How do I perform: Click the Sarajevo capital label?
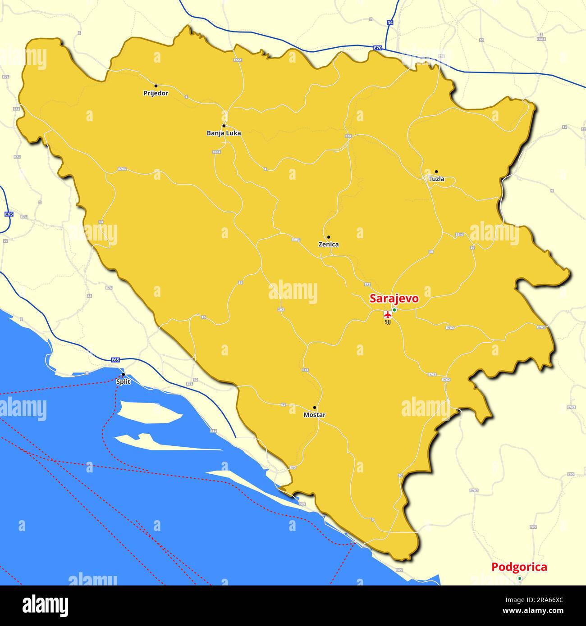click(394, 299)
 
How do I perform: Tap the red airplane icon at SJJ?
click(387, 314)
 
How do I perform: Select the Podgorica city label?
click(519, 567)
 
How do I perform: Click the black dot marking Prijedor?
click(156, 86)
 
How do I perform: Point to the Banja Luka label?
click(224, 133)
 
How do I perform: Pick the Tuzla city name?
click(436, 179)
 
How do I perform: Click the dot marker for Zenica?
click(329, 237)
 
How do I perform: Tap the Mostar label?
click(315, 415)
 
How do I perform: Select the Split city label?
click(123, 382)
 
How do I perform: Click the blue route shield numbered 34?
click(390, 22)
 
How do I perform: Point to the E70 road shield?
click(378, 48)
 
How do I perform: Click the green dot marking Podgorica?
click(519, 578)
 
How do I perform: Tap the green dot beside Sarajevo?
click(394, 310)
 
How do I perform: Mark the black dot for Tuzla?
click(436, 172)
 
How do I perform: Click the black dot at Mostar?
click(315, 407)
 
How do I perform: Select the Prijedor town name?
click(156, 93)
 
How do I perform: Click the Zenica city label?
click(329, 245)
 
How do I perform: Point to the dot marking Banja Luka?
click(224, 126)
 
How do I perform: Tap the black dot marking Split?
click(123, 374)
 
